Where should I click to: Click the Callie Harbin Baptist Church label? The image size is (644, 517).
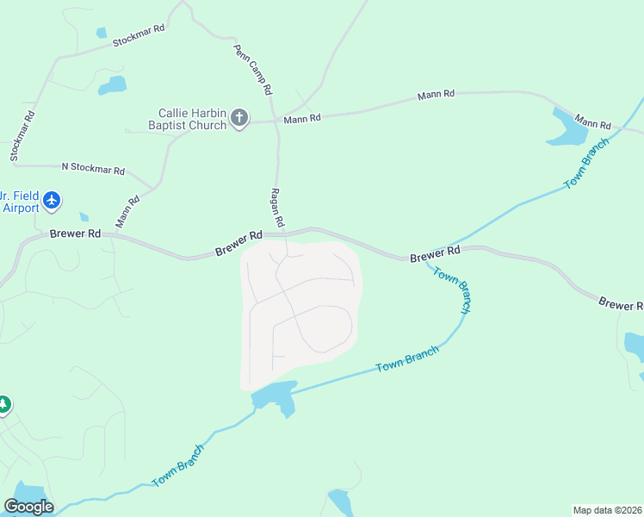192,119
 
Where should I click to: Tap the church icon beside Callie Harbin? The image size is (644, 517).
239,118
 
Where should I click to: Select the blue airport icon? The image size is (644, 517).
52,201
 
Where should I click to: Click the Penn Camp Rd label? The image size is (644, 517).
253,70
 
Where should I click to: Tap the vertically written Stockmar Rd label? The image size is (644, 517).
22,136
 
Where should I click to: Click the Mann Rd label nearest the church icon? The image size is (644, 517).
302,118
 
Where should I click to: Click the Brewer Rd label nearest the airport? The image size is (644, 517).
75,234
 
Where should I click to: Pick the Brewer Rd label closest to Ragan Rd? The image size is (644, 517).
238,242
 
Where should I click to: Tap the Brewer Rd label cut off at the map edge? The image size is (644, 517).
621,304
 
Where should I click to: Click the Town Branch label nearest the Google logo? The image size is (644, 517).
179,466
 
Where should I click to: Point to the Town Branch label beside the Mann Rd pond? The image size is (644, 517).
586,163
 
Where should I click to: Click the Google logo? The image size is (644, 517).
28,507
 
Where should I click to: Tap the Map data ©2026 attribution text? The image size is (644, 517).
607,510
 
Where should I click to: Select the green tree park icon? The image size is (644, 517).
3,403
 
